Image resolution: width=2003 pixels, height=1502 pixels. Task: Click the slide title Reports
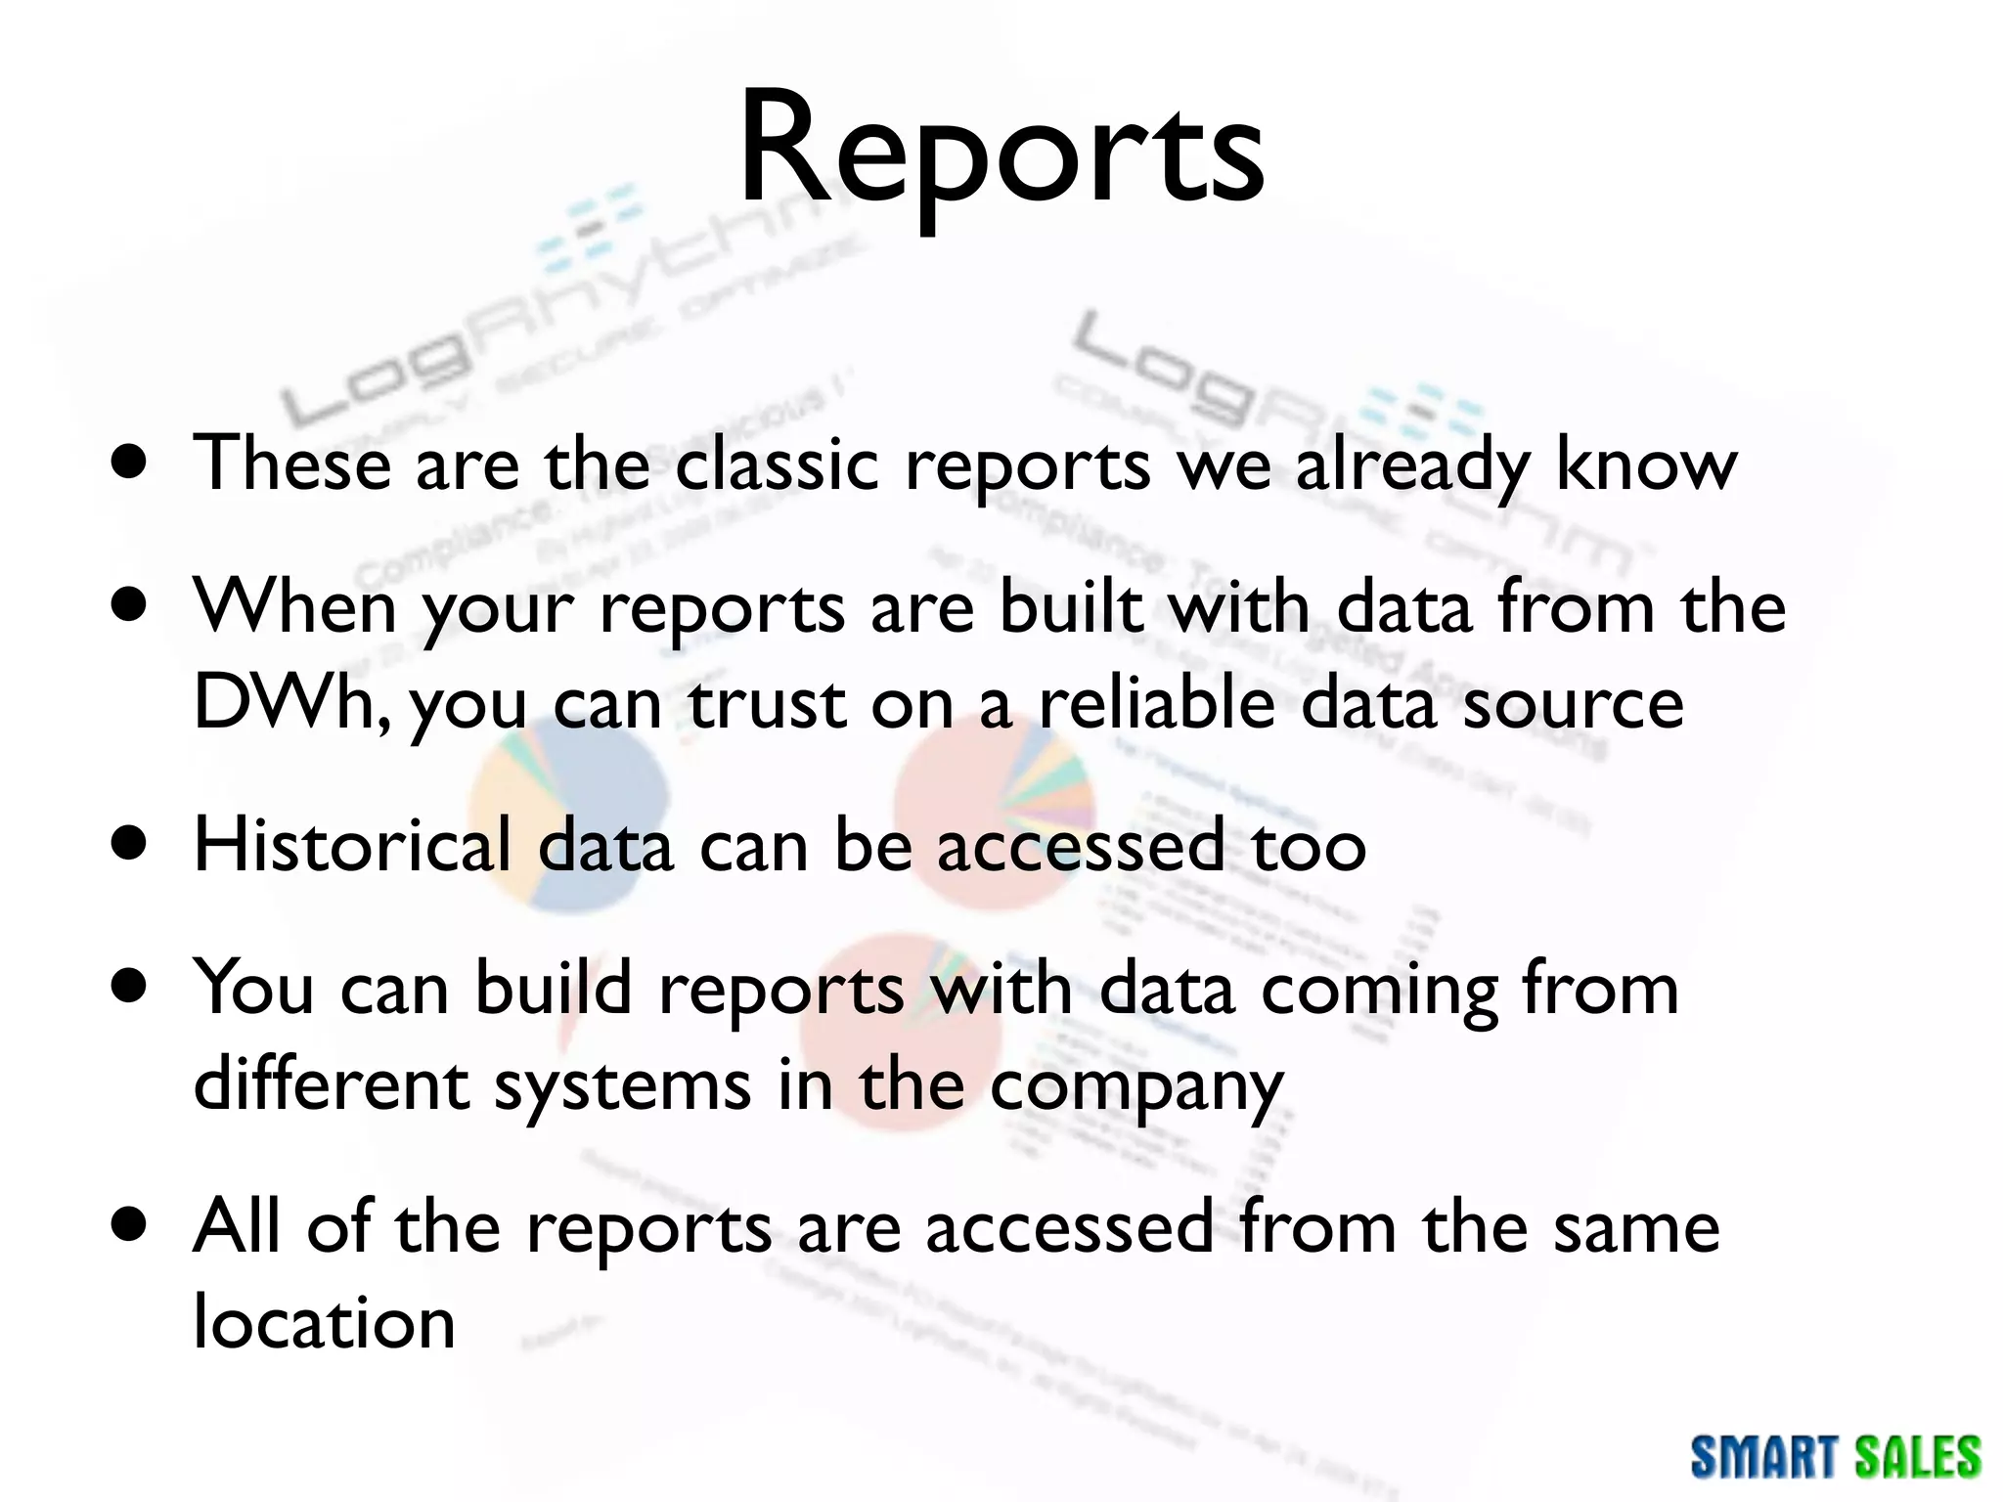click(1001, 149)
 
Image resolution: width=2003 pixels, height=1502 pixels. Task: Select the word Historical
click(353, 845)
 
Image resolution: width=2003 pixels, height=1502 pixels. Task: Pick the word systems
click(622, 1085)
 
